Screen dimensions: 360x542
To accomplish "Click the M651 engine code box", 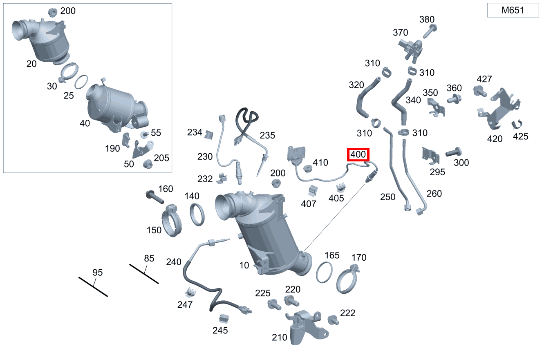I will pyautogui.click(x=513, y=10).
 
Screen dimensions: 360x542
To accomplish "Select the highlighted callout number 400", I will pyautogui.click(x=358, y=155).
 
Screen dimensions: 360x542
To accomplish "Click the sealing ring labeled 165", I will pyautogui.click(x=324, y=273).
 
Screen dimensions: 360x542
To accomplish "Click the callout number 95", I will pyautogui.click(x=97, y=273).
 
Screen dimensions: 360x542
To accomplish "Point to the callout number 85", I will pyautogui.click(x=149, y=258).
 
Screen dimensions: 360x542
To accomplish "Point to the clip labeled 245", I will pyautogui.click(x=224, y=318).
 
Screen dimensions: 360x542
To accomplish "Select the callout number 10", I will pyautogui.click(x=244, y=265).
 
